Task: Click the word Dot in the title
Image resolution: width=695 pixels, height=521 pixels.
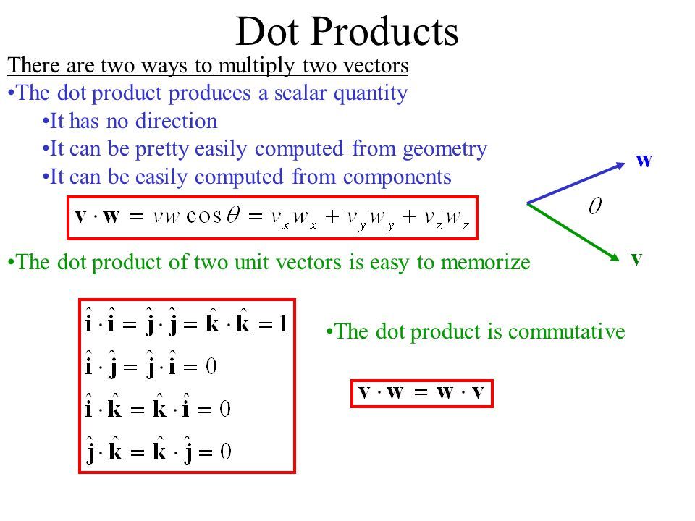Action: (267, 31)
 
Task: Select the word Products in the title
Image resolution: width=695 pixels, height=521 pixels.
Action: (384, 31)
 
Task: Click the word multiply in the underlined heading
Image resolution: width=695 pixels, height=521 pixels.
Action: (256, 66)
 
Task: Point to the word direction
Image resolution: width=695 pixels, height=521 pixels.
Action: (177, 121)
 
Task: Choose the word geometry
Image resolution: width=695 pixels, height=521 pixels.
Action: (445, 149)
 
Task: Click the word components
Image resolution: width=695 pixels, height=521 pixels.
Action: (397, 177)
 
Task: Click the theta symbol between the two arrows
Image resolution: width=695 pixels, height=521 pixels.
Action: (595, 206)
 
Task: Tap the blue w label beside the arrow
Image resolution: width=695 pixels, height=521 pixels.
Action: (644, 161)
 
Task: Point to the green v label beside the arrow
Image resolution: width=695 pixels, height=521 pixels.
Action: (637, 259)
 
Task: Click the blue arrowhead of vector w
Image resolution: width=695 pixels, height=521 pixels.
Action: (620, 165)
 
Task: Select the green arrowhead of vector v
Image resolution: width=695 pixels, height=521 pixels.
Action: (615, 257)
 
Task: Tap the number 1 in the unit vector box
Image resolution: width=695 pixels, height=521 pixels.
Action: (283, 324)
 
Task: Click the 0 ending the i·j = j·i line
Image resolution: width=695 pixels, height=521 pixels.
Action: (211, 366)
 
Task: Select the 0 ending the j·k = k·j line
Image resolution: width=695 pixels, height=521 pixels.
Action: (226, 452)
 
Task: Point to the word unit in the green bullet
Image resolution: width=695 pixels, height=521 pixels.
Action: (251, 262)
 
